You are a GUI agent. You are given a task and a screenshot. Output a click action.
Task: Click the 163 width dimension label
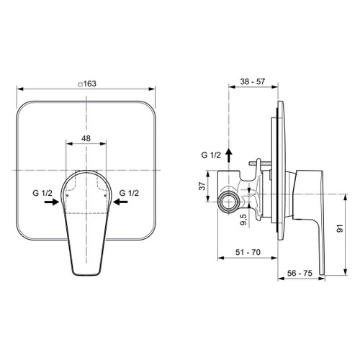click(89, 84)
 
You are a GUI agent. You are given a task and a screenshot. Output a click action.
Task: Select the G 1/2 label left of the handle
click(42, 192)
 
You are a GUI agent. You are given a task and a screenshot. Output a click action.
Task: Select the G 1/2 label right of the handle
click(130, 192)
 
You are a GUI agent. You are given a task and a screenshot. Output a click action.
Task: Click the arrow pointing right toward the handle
click(51, 203)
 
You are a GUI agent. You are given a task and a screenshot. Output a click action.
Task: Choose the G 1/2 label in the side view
click(212, 155)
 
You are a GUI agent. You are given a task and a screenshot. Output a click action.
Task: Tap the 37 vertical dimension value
click(202, 186)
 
